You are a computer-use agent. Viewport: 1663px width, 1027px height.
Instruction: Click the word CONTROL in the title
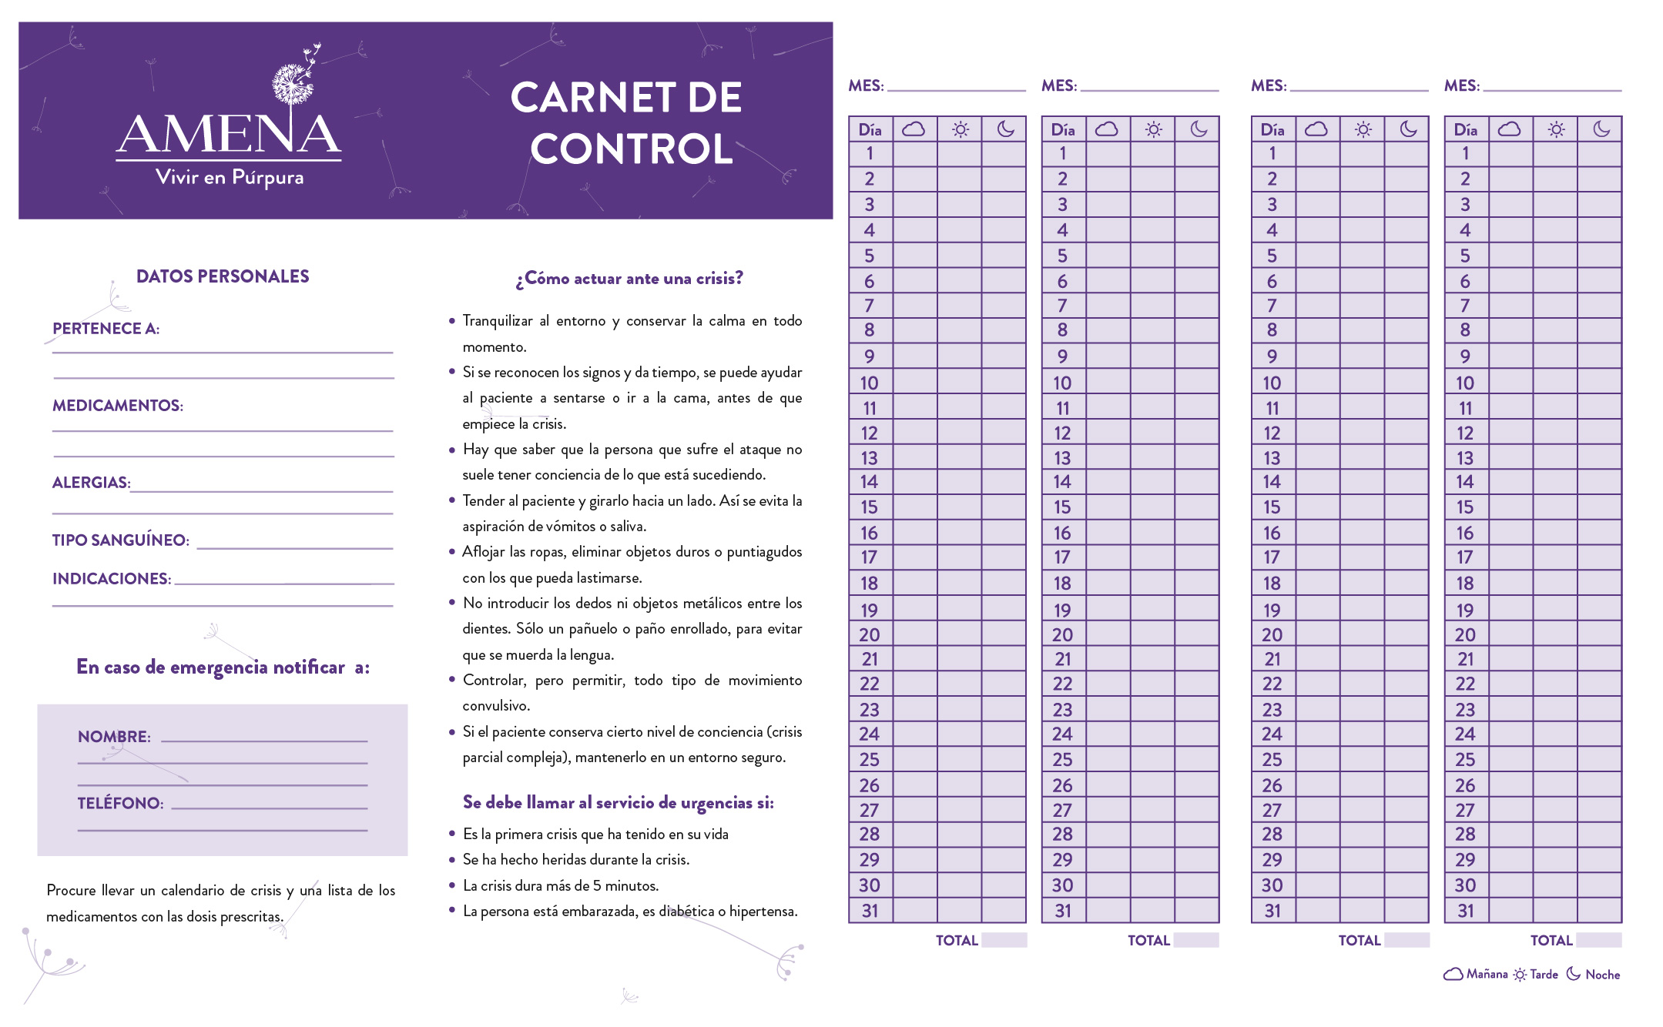click(x=631, y=149)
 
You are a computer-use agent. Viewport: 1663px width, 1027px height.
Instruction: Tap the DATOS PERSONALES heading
click(x=223, y=276)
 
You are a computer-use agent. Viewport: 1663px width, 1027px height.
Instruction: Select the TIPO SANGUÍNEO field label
click(x=120, y=540)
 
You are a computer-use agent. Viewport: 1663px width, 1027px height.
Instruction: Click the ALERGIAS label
click(x=91, y=483)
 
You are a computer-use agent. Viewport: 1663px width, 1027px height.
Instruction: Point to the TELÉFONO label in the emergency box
click(x=120, y=804)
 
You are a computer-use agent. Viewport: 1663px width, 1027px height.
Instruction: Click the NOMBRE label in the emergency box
click(x=114, y=737)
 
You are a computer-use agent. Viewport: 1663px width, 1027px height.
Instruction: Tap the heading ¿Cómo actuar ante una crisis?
click(x=629, y=279)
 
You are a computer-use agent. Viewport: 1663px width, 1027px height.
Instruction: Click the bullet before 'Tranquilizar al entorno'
click(x=452, y=321)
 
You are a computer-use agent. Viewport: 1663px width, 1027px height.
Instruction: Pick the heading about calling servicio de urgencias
click(x=618, y=803)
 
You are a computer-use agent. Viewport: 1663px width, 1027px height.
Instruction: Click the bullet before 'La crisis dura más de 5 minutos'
click(x=452, y=885)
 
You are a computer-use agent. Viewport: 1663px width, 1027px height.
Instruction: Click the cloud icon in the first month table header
click(x=914, y=129)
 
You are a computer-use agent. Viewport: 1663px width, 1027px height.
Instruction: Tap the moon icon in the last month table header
click(x=1601, y=129)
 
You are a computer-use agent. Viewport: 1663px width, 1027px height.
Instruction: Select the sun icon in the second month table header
click(x=1153, y=129)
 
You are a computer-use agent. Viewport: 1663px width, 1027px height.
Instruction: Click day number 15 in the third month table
click(x=1272, y=507)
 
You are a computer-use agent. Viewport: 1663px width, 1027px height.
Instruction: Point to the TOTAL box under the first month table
click(x=1004, y=940)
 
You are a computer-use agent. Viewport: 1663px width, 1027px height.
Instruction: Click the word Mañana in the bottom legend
click(x=1487, y=975)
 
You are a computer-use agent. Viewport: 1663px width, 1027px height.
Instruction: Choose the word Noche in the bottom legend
click(x=1602, y=975)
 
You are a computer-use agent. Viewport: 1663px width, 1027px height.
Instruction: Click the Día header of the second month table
click(x=1063, y=129)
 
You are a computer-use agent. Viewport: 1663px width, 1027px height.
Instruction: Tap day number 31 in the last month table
click(x=1465, y=911)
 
